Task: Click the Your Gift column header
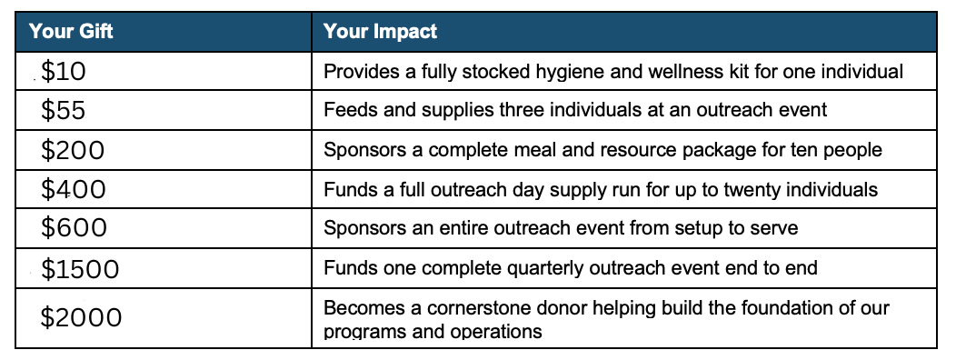point(71,31)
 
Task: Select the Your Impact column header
point(381,31)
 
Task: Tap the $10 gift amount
point(64,72)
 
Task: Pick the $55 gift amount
point(64,110)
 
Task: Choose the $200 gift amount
point(73,150)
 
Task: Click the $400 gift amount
point(74,190)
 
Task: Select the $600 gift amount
point(74,228)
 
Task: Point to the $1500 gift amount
point(80,269)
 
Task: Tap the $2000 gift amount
point(81,318)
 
